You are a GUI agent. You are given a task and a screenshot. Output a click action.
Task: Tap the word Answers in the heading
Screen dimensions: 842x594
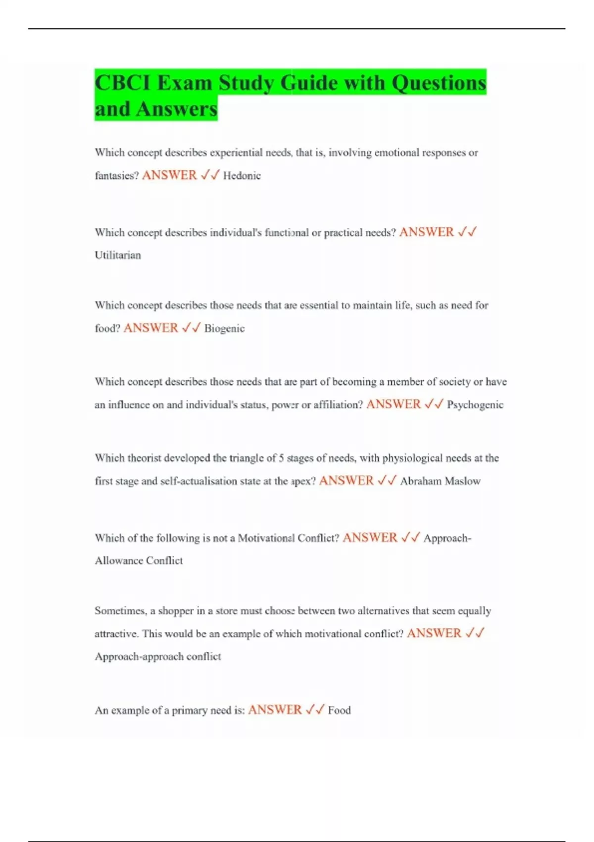[x=177, y=109]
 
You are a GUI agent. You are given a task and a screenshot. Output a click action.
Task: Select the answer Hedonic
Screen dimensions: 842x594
[x=242, y=176]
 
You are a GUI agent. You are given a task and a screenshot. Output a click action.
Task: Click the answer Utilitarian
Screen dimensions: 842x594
[x=118, y=256]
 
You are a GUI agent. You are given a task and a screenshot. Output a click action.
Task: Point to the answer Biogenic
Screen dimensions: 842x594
[x=224, y=328]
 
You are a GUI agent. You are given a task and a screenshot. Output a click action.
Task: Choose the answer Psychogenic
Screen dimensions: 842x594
[x=475, y=405]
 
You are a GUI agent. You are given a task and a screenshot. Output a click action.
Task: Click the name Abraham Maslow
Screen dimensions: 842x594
[x=440, y=481]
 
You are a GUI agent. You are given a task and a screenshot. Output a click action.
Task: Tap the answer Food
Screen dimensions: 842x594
[x=339, y=711]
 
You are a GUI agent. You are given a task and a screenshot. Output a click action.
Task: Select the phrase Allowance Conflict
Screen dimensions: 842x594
[x=139, y=561]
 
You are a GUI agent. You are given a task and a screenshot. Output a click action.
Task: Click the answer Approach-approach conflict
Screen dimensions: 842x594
[x=157, y=657]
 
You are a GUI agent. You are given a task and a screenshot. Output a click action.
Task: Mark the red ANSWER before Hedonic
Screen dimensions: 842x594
[x=169, y=175]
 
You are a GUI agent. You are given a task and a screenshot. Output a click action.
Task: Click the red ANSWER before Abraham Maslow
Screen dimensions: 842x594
[x=346, y=481]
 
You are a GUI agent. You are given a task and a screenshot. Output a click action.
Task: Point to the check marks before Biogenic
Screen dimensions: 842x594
[x=191, y=328]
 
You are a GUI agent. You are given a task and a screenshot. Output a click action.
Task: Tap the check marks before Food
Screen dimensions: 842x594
[x=315, y=710]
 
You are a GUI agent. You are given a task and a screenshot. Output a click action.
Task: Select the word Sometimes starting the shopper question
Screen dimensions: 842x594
[x=120, y=611]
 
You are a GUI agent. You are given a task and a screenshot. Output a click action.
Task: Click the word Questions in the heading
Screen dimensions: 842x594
[x=439, y=83]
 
